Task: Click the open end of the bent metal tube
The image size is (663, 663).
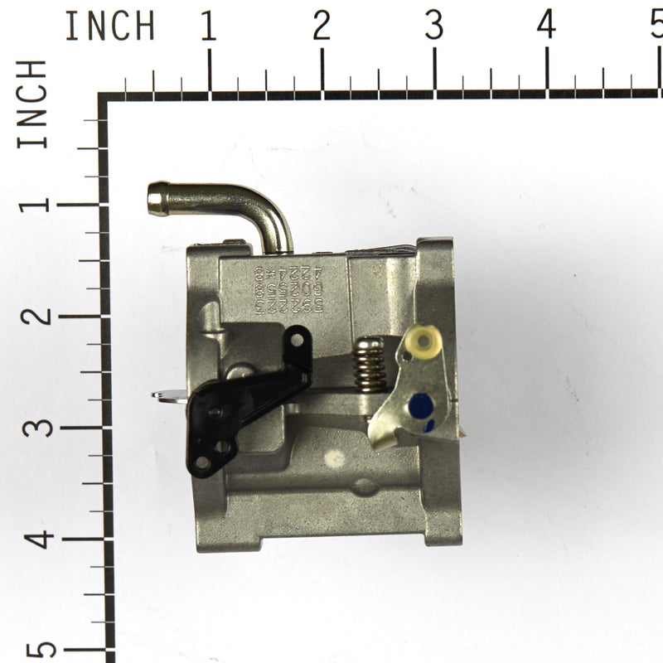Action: [x=155, y=199]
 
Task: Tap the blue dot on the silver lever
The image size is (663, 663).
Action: [x=421, y=405]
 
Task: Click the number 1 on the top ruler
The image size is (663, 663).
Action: [x=208, y=27]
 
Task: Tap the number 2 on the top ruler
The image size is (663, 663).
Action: [x=322, y=27]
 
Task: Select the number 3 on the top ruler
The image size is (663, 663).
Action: [x=433, y=27]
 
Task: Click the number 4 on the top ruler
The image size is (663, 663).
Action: [x=546, y=27]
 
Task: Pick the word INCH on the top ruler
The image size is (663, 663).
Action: [x=109, y=27]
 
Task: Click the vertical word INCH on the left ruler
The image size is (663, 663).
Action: [x=33, y=104]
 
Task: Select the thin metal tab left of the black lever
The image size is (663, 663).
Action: [x=168, y=396]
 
